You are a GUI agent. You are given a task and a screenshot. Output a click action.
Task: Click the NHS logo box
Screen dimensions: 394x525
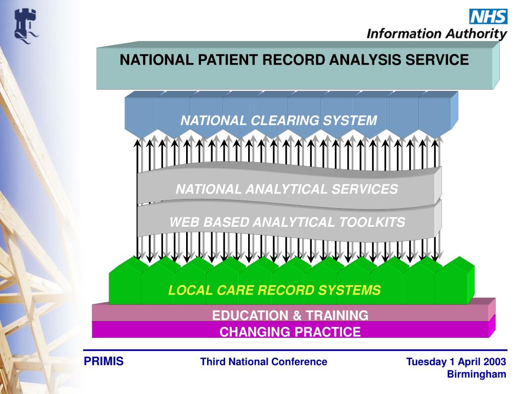(488, 16)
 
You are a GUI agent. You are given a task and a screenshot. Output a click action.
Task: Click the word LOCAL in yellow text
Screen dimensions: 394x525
(187, 290)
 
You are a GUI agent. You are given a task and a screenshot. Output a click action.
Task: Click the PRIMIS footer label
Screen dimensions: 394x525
(104, 362)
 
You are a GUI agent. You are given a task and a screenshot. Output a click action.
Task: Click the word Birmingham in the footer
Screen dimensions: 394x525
(477, 374)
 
